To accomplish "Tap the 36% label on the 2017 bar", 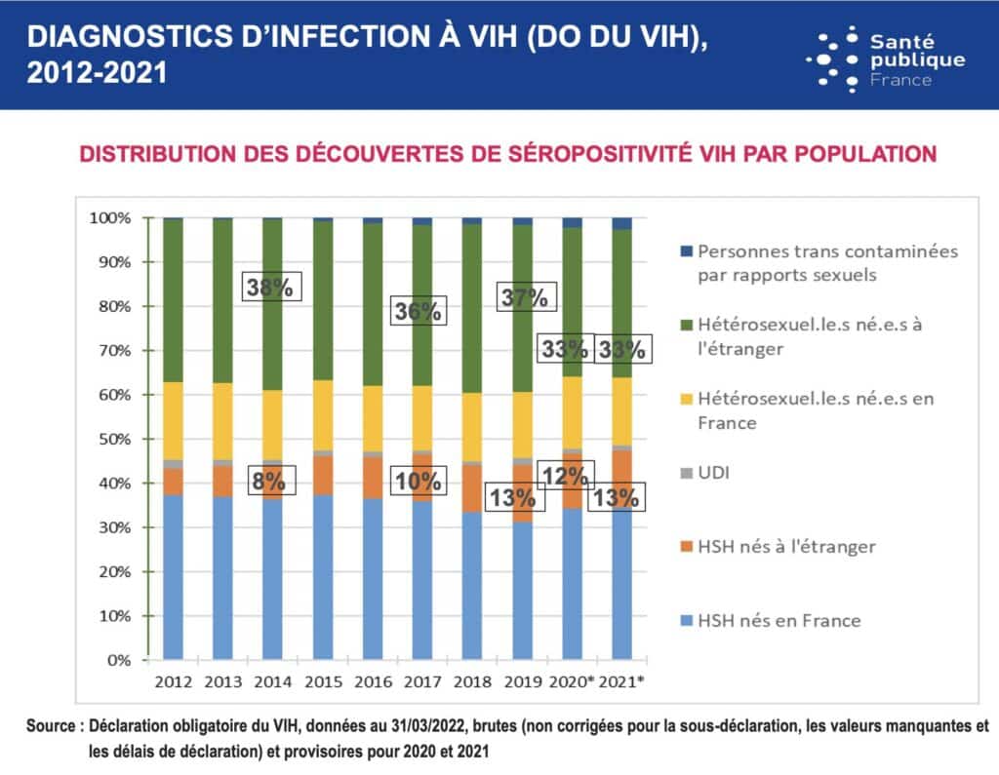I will coord(419,312).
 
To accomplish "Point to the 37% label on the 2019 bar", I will coord(523,298).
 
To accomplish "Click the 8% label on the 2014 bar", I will coord(268,481).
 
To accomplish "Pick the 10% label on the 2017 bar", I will coord(419,481).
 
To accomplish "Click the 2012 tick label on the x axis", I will coord(172,680).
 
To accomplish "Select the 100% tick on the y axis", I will coord(108,217).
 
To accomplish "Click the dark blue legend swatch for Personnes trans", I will coord(684,251).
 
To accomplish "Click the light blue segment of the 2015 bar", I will coord(323,575).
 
